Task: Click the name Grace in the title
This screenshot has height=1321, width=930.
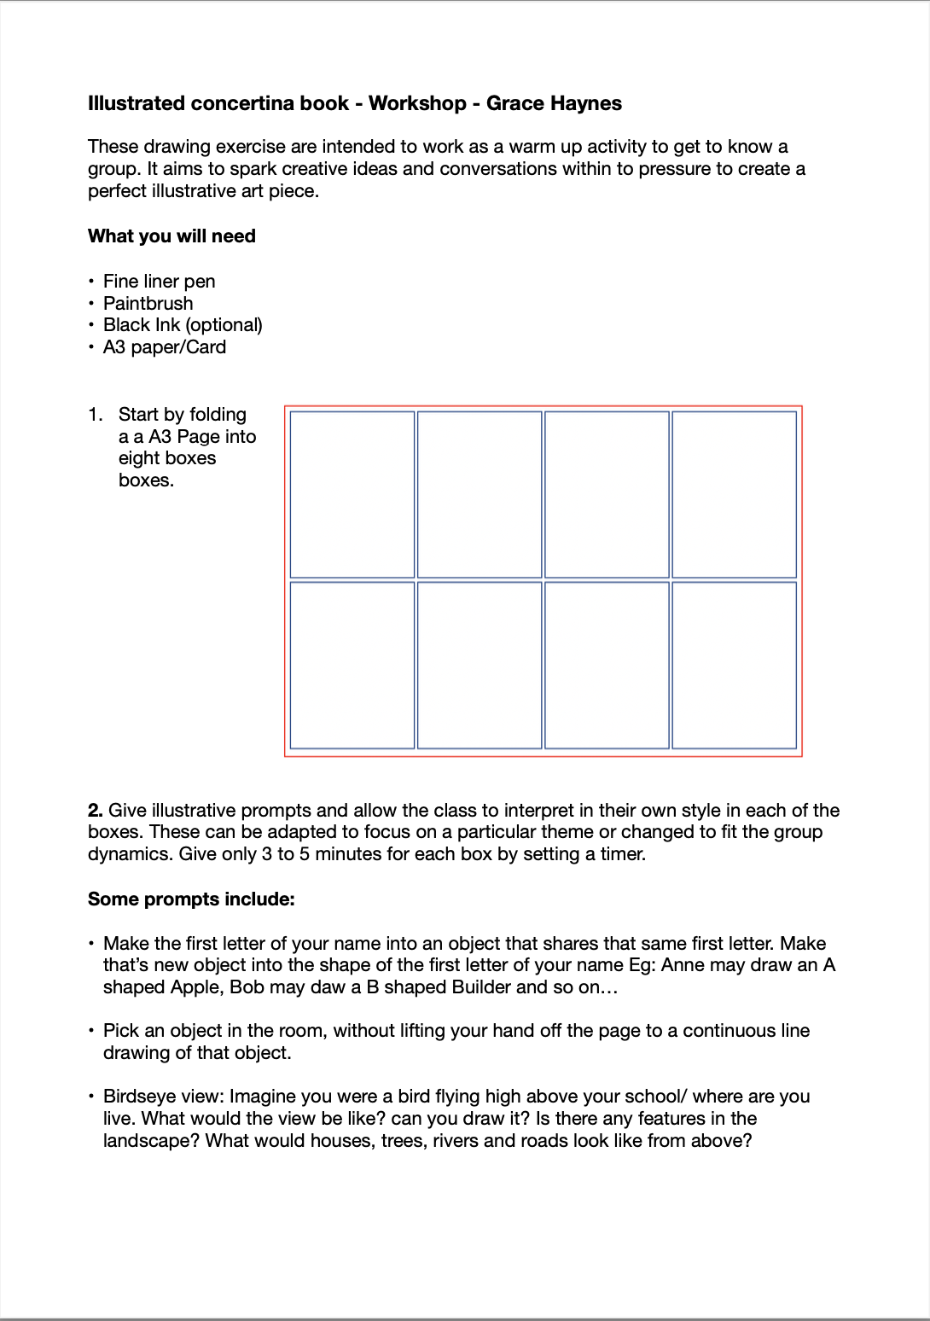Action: tap(513, 103)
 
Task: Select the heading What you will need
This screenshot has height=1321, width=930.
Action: tap(171, 236)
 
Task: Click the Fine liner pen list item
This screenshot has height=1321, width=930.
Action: tap(159, 282)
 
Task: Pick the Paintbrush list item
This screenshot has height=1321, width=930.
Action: tap(148, 304)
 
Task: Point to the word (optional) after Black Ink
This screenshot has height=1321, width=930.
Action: tap(224, 325)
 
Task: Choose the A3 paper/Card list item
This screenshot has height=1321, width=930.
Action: tap(165, 347)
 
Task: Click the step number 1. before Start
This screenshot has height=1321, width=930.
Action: tap(95, 415)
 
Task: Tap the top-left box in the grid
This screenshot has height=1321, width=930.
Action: tap(352, 495)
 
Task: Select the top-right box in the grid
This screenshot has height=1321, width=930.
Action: tap(734, 495)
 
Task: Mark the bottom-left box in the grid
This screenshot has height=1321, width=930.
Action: tap(352, 665)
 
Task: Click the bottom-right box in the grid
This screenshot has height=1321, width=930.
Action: tap(734, 665)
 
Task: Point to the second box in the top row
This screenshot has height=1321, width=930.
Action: tap(480, 495)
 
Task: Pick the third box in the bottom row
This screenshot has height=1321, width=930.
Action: tap(607, 665)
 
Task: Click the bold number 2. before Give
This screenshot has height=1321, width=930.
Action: tap(96, 811)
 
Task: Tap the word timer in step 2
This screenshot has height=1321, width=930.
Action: tap(621, 854)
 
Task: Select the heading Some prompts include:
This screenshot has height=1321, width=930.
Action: tap(191, 899)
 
